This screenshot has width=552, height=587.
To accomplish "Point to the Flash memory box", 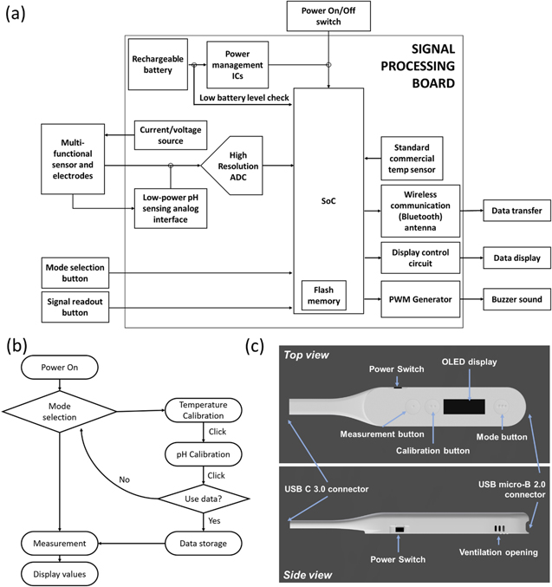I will (x=321, y=295).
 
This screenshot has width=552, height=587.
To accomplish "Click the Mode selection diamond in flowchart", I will (x=60, y=411).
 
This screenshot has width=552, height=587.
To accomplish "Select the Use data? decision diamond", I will (x=201, y=499).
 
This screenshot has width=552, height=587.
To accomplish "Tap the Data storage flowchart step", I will (x=201, y=543).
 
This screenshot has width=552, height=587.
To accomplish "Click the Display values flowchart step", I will (x=59, y=573).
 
